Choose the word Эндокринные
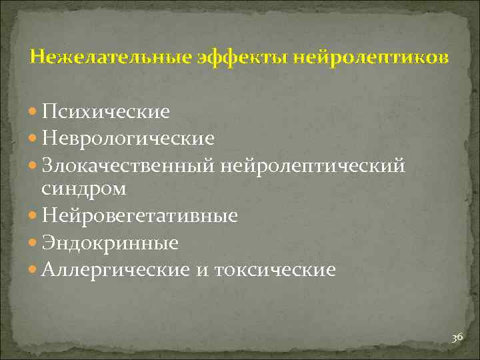tap(109, 243)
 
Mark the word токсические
tap(279, 269)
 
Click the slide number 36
tap(457, 338)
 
